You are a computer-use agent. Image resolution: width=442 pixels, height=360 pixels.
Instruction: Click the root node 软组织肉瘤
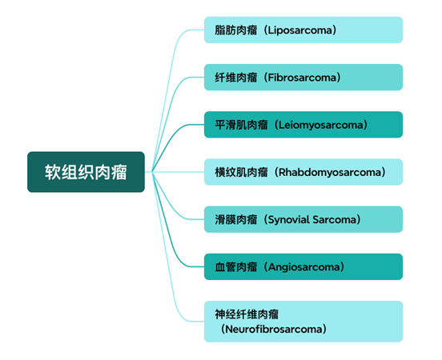pyautogui.click(x=86, y=172)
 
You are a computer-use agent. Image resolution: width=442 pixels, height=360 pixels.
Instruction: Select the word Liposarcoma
pyautogui.click(x=299, y=30)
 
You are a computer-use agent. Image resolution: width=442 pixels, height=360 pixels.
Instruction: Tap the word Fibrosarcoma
pyautogui.click(x=302, y=78)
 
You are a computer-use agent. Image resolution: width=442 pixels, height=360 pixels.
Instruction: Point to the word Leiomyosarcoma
pyautogui.click(x=320, y=125)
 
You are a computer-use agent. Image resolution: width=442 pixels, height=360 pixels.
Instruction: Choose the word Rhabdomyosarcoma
pyautogui.click(x=330, y=172)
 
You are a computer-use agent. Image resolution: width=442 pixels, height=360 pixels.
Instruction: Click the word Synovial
pyautogui.click(x=288, y=220)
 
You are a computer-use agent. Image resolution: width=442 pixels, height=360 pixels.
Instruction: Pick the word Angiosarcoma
pyautogui.click(x=303, y=267)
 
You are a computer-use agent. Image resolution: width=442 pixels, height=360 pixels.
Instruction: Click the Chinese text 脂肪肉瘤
pyautogui.click(x=236, y=30)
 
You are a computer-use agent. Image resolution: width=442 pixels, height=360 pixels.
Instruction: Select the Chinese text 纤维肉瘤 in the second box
pyautogui.click(x=236, y=78)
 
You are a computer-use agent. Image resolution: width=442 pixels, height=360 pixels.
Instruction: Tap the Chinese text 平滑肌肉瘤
pyautogui.click(x=241, y=125)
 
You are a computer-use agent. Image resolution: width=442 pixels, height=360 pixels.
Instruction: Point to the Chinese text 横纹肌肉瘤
pyautogui.click(x=241, y=172)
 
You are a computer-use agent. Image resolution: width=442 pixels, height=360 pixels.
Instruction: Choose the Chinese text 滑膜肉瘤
pyautogui.click(x=236, y=220)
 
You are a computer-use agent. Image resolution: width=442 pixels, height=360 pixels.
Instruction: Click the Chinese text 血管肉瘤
pyautogui.click(x=236, y=267)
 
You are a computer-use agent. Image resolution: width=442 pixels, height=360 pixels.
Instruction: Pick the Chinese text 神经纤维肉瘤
pyautogui.click(x=247, y=314)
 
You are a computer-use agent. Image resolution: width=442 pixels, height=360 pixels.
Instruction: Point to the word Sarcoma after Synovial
pyautogui.click(x=335, y=220)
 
